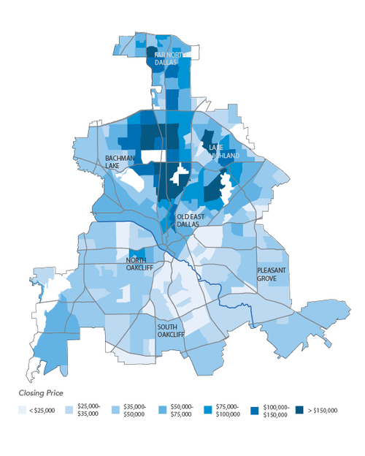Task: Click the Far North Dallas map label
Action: coord(166,58)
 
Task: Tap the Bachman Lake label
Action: coord(120,161)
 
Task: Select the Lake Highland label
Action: coord(220,151)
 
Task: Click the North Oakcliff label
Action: coord(142,264)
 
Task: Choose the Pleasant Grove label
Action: coord(272,274)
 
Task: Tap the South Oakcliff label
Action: coord(172,330)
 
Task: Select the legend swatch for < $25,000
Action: coord(23,410)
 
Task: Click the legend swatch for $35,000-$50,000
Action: coord(115,410)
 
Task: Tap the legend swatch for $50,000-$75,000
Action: coord(161,410)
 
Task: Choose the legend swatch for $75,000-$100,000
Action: coord(207,410)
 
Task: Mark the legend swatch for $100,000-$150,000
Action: coord(253,410)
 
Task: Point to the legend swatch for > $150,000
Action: coord(299,410)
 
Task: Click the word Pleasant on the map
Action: coord(272,270)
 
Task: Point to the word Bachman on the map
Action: coord(120,158)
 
